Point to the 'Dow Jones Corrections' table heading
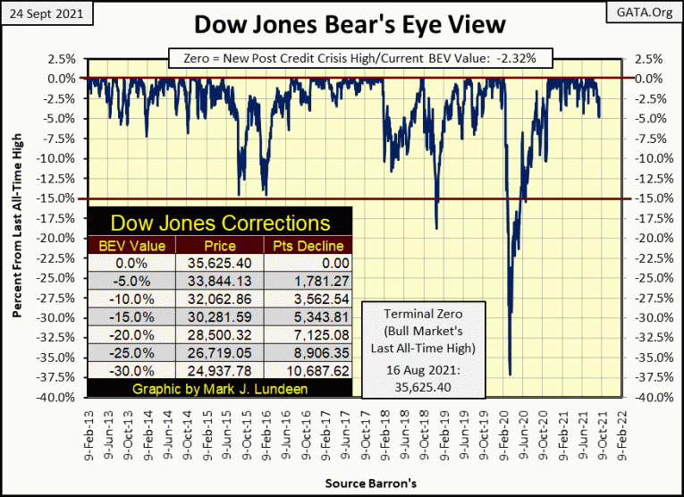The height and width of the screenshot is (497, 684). tap(219, 223)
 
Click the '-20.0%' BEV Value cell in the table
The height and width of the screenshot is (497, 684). tap(131, 333)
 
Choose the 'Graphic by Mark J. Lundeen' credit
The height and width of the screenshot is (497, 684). tap(219, 389)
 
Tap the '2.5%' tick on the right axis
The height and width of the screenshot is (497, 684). tap(649, 59)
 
